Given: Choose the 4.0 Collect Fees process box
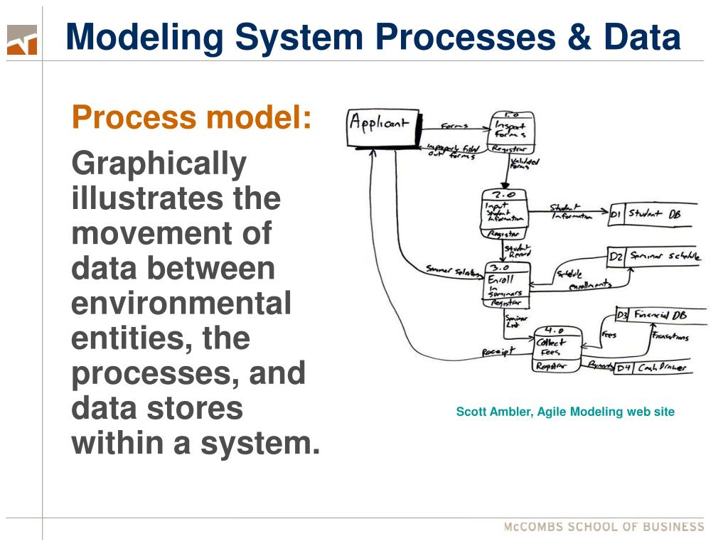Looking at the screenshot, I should point(557,349).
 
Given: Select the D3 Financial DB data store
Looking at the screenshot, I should point(660,315).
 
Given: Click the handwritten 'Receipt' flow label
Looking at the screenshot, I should point(498,352).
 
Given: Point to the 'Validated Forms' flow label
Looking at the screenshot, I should point(525,165).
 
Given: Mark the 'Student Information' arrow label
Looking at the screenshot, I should point(571,212).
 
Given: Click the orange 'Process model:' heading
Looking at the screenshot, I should point(192,117).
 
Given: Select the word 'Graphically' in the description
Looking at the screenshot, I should point(159,164).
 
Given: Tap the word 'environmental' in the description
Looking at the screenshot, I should point(181,304).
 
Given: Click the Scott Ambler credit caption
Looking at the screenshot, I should point(565,412).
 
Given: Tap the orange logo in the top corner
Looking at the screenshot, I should point(21,40).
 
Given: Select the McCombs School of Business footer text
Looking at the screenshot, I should point(604,527).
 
